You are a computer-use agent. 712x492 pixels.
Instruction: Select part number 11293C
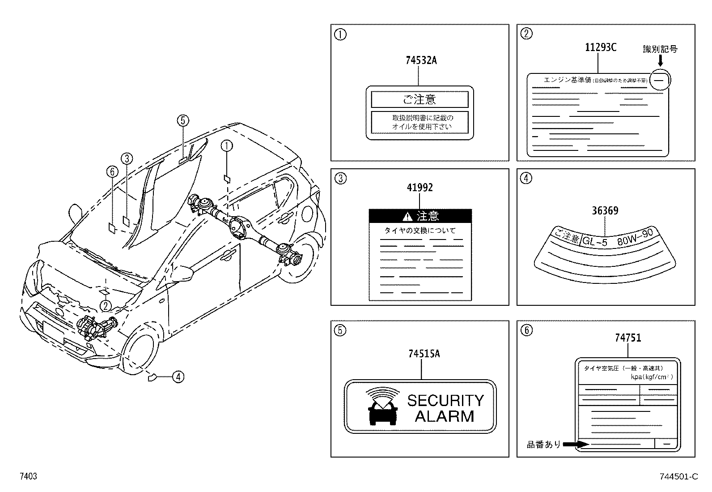(601, 47)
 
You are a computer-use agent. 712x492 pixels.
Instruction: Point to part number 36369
(605, 210)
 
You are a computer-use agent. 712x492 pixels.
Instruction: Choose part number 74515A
(424, 354)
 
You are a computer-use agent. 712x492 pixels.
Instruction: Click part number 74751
(628, 338)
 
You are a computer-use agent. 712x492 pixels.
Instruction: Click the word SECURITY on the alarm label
(445, 400)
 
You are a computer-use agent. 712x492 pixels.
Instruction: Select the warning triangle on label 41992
(407, 217)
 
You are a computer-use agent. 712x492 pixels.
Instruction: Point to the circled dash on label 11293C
(661, 80)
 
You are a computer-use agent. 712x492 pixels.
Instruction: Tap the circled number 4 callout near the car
(178, 377)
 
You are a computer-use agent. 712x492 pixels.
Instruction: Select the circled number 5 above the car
(182, 120)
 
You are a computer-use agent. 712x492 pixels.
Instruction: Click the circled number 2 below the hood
(105, 306)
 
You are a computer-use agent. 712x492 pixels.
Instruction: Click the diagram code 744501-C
(678, 477)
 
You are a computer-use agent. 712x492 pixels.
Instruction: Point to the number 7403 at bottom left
(28, 477)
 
